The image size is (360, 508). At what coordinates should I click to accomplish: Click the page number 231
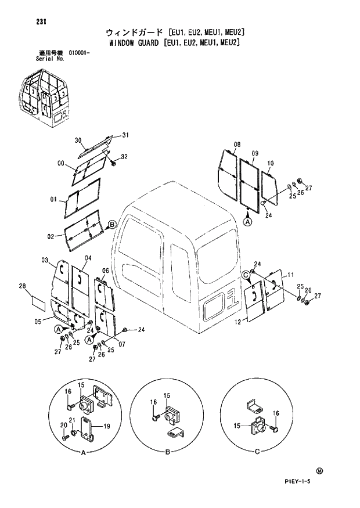[x=41, y=22]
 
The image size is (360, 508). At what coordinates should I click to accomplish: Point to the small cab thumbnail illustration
[x=46, y=95]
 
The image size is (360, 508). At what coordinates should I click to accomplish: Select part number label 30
[x=78, y=140]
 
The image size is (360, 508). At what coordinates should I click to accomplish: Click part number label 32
[x=124, y=157]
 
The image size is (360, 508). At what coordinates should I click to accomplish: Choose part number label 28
[x=23, y=286]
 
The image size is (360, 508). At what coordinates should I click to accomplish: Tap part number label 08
[x=237, y=144]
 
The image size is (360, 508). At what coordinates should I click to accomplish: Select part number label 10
[x=270, y=164]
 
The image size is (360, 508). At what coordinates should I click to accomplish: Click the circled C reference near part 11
[x=246, y=275]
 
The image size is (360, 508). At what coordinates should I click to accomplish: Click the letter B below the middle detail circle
[x=168, y=452]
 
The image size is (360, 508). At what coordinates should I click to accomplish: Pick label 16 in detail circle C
[x=276, y=413]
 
